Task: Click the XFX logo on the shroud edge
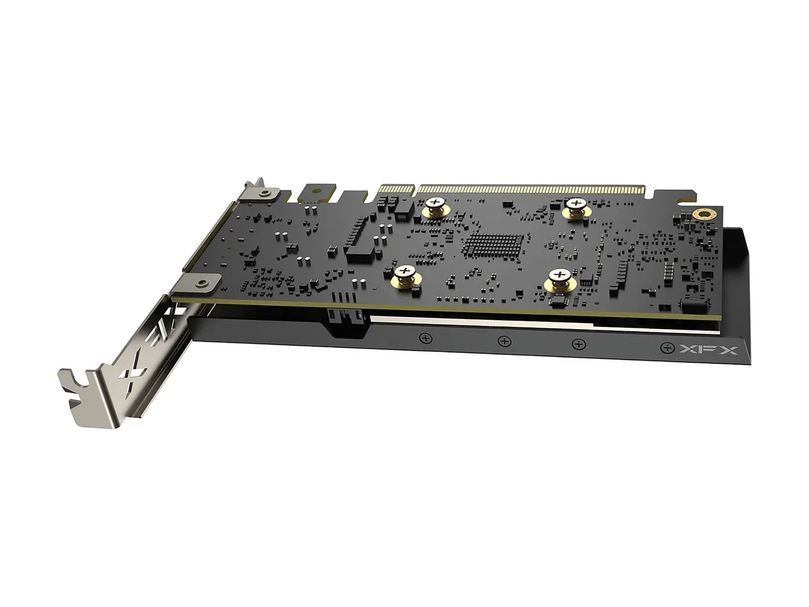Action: tap(709, 349)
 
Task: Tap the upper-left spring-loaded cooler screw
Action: tap(436, 207)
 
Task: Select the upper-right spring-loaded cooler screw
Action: tap(576, 208)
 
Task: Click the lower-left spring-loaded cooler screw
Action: tap(405, 276)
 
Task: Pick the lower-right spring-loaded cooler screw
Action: tap(560, 279)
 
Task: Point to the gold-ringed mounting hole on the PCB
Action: tap(705, 214)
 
